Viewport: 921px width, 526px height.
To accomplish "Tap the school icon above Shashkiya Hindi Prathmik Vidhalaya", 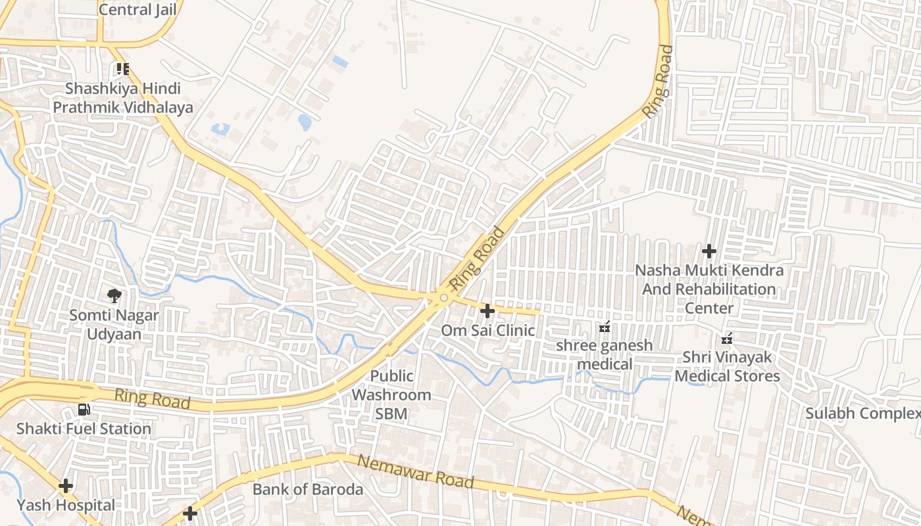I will [x=122, y=69].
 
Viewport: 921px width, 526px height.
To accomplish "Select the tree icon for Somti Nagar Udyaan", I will [x=114, y=295].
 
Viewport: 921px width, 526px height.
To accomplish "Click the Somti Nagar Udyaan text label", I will [x=114, y=325].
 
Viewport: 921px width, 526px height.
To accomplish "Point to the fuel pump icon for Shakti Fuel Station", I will [x=84, y=410].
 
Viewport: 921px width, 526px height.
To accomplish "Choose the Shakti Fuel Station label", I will [x=84, y=429].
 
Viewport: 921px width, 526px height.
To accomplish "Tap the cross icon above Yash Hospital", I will [x=66, y=487].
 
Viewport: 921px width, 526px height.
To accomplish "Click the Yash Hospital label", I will [x=66, y=505].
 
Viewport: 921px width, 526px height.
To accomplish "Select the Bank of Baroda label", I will [x=308, y=489].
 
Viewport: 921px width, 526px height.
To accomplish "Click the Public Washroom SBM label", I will [x=391, y=395].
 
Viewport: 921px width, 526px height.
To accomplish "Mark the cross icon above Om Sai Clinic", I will [x=487, y=310].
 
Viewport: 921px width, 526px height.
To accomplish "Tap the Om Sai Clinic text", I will [x=487, y=330].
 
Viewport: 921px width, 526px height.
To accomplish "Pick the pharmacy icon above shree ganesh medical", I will [x=605, y=326].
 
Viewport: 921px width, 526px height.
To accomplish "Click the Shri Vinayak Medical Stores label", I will [x=727, y=367].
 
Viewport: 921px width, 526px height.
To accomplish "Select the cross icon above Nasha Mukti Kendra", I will [x=709, y=251].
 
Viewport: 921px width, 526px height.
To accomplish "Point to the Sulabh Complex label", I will [x=863, y=414].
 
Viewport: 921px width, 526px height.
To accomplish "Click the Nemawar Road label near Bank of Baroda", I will [x=415, y=471].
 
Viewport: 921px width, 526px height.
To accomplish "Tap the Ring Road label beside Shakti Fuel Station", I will [x=153, y=398].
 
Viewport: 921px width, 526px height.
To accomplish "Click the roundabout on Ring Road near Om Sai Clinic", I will [x=444, y=299].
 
